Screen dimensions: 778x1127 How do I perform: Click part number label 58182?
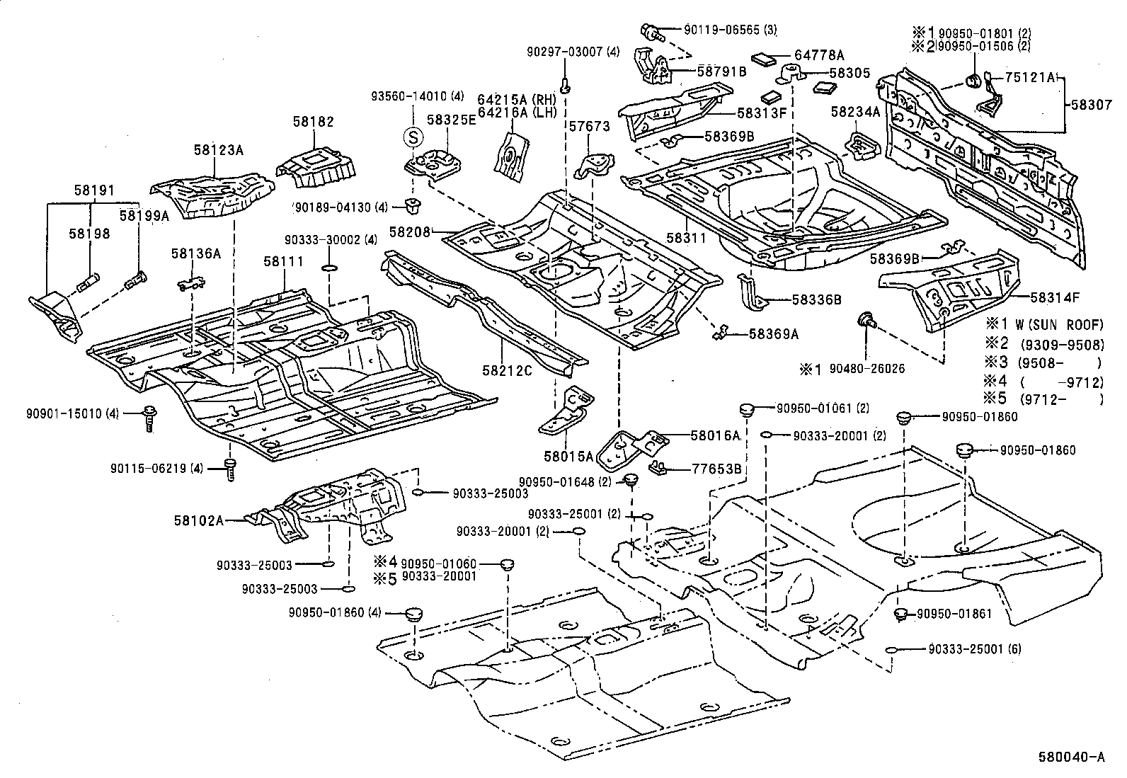point(313,122)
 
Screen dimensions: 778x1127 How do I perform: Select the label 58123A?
point(218,150)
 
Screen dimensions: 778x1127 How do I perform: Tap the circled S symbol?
point(412,137)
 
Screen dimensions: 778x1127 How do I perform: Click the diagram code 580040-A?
point(1072,756)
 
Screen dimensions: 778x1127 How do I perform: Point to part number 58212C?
point(507,370)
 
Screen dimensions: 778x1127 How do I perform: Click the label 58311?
point(686,239)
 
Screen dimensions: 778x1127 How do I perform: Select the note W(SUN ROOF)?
point(1058,325)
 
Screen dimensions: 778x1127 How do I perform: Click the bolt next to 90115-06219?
point(229,469)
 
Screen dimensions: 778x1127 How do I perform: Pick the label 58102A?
point(198,520)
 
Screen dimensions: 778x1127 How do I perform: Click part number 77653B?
point(716,469)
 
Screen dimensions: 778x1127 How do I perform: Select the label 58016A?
point(715,436)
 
